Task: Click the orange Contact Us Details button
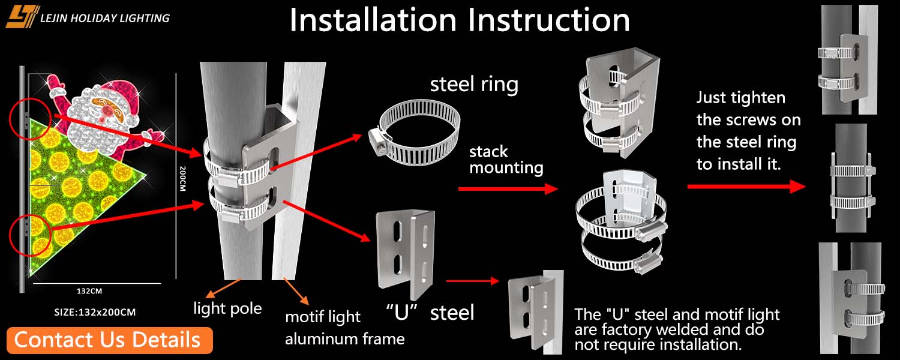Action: [x=110, y=340]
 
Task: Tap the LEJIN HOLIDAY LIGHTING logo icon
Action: [x=23, y=17]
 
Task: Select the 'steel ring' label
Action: [x=474, y=85]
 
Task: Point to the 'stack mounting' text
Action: [x=506, y=160]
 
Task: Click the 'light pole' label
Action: [x=227, y=308]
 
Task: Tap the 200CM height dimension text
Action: [x=182, y=178]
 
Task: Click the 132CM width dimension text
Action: [x=89, y=291]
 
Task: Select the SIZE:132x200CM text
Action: [x=95, y=312]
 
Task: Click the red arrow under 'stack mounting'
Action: [x=508, y=188]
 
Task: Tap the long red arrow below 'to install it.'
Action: [x=747, y=187]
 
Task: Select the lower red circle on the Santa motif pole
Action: [x=30, y=236]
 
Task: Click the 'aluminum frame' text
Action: [x=345, y=339]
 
